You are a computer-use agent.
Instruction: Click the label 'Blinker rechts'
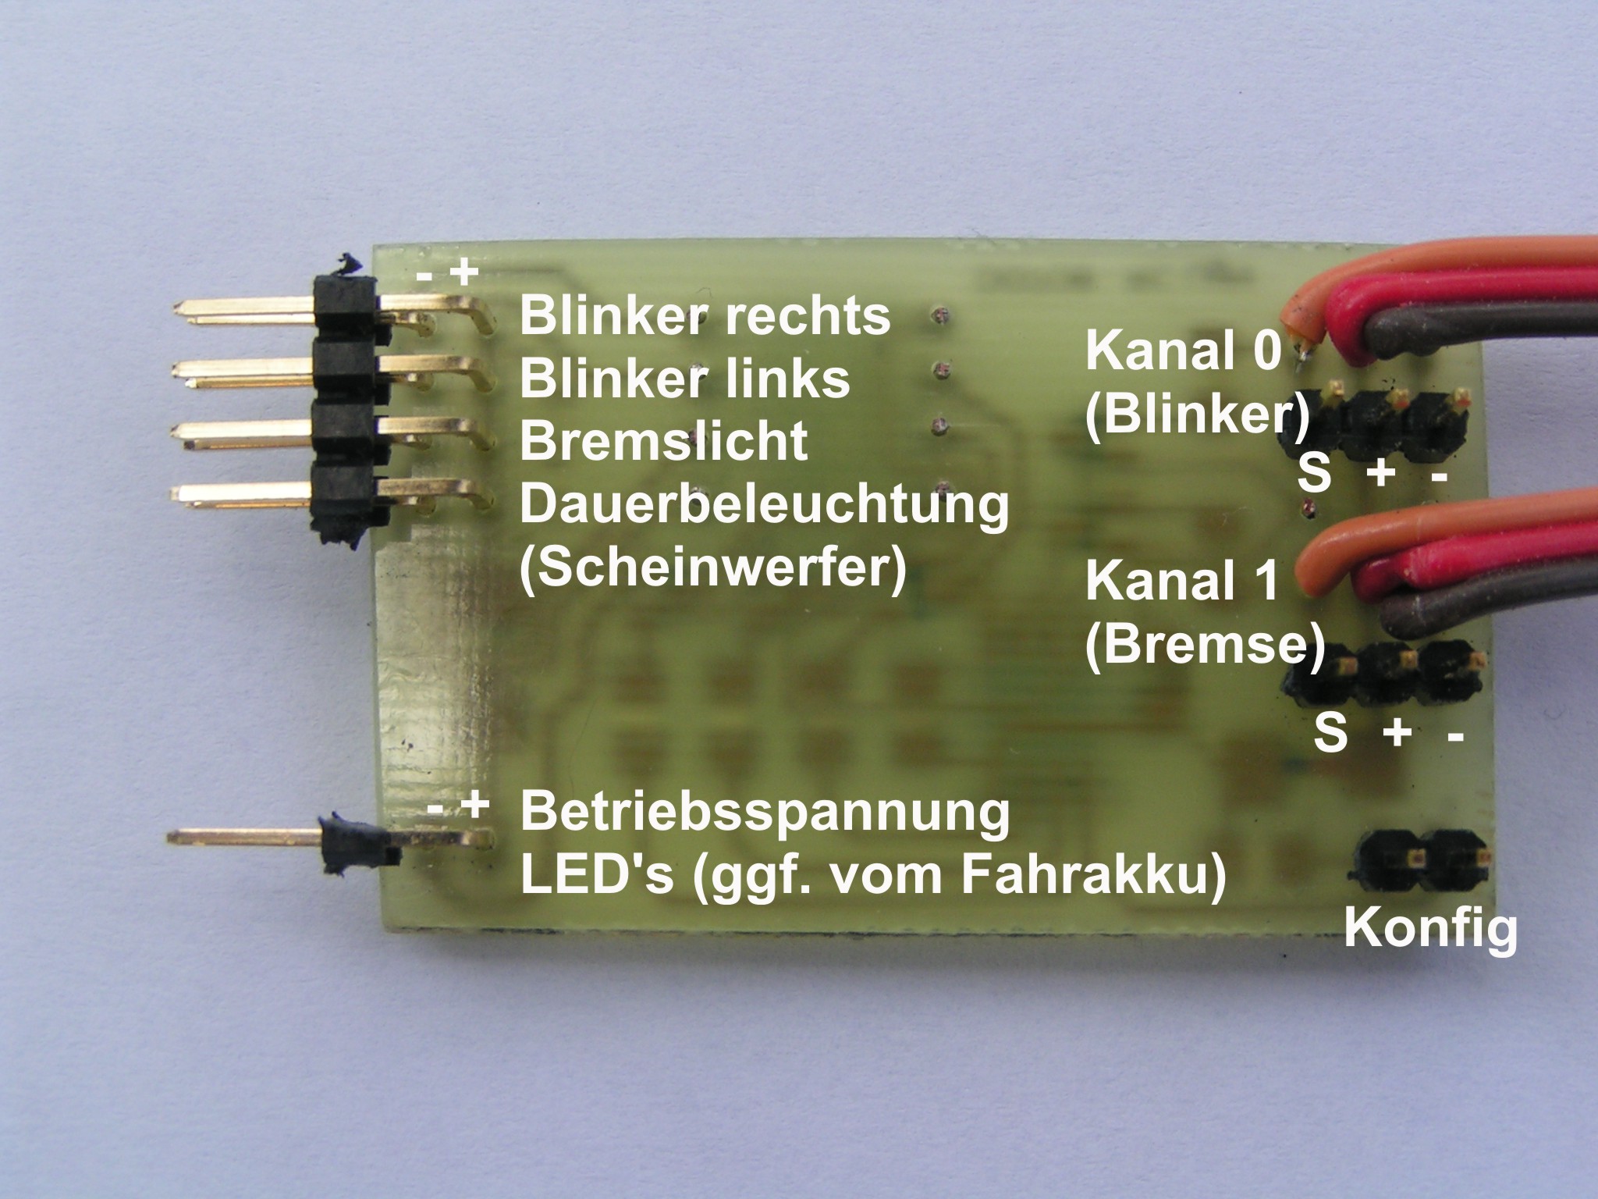705,316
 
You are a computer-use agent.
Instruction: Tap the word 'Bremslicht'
663,441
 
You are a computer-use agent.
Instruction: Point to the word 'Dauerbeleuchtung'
764,504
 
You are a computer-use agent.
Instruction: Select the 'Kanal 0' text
1183,351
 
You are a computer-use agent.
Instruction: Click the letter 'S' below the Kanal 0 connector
1314,473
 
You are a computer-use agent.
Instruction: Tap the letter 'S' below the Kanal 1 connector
1330,733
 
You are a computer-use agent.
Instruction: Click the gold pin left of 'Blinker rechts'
242,310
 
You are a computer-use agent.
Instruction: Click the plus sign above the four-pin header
465,273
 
